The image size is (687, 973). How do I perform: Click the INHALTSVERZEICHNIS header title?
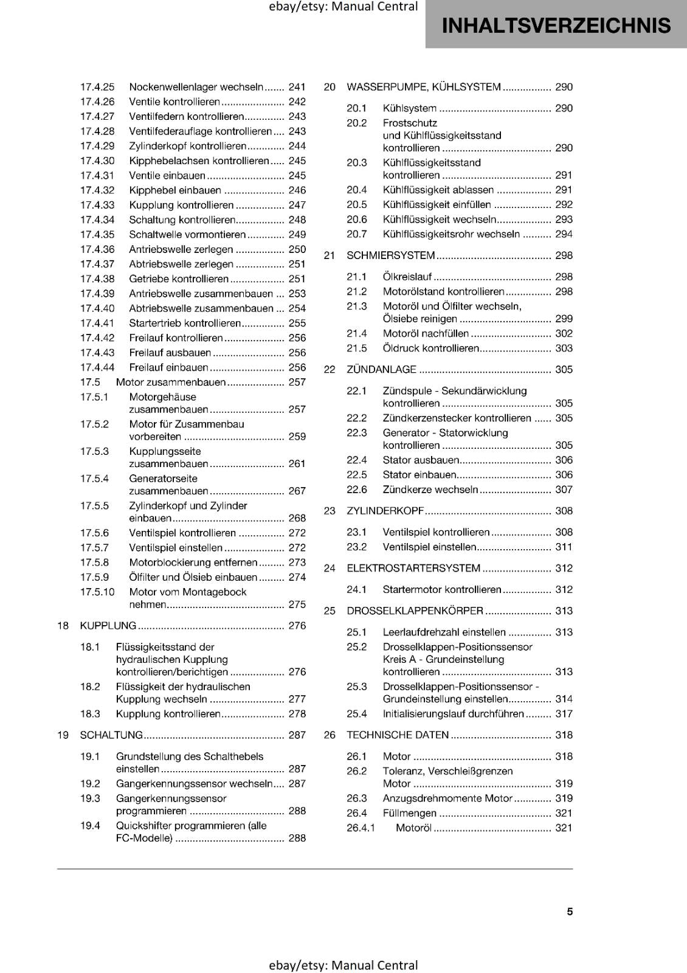(556, 25)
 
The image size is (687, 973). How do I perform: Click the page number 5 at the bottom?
(570, 912)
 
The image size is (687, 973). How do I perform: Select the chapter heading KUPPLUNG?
(108, 626)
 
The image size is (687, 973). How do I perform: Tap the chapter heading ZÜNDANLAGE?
(381, 370)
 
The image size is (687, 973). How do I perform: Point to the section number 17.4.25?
(97, 88)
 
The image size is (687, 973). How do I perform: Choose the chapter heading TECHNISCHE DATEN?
(398, 735)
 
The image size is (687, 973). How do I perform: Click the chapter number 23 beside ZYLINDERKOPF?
(330, 511)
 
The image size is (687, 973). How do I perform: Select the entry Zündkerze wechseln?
(430, 490)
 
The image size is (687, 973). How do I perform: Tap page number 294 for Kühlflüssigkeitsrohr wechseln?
(564, 234)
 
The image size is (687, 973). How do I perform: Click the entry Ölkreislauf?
(407, 277)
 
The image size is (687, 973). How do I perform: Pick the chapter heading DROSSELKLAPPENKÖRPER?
(415, 611)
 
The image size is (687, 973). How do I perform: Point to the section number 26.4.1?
(361, 828)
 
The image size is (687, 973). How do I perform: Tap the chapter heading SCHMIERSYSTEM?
(391, 255)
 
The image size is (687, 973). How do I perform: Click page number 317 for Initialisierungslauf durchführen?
(564, 714)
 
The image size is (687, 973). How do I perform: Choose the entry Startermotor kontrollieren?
(442, 589)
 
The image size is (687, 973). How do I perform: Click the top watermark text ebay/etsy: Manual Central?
(343, 7)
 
